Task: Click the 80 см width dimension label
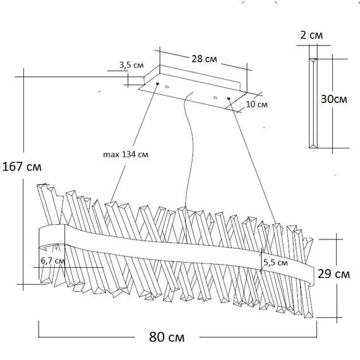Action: coord(167,337)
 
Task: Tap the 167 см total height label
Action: coord(22,167)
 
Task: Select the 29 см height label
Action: coord(333,273)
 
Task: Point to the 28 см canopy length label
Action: coord(204,59)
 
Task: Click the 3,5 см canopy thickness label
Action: coord(131,65)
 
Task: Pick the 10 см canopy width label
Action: coord(257,104)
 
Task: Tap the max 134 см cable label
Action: coord(126,154)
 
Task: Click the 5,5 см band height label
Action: coord(275,263)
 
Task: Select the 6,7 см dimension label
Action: coord(53,261)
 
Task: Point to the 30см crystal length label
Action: coord(334,99)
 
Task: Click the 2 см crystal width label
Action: coord(311,35)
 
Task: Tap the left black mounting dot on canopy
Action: coord(157,83)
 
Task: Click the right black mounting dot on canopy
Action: coord(229,99)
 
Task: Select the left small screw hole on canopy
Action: coord(167,87)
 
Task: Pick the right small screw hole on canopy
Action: coord(215,98)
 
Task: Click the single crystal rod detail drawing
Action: coord(313,103)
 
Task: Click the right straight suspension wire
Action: coord(253,160)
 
